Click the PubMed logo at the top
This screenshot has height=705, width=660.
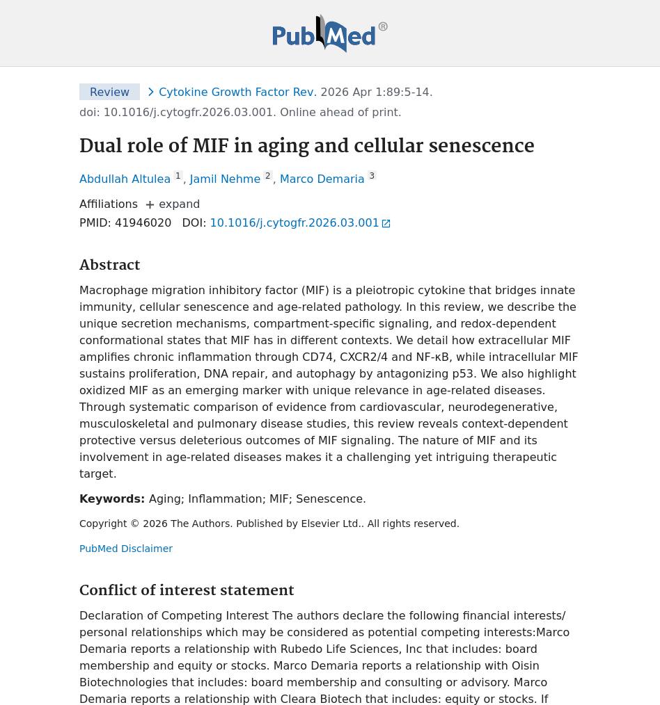329,33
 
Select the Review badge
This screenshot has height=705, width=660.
109,92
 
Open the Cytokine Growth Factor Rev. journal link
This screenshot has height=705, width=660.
237,92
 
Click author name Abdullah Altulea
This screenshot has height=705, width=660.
125,179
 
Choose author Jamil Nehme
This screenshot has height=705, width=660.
225,179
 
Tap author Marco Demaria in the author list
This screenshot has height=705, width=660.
322,179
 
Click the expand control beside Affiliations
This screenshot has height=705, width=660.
173,204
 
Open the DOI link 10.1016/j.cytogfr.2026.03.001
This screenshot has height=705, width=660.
294,223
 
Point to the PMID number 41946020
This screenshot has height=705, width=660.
143,223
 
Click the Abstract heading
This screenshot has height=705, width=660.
109,265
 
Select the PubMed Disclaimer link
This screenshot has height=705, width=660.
126,549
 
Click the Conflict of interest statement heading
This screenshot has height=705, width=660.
187,590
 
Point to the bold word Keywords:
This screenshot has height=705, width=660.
112,499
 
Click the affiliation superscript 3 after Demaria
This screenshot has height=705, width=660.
372,176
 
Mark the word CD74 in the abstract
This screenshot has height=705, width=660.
317,357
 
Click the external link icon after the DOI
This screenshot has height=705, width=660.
386,224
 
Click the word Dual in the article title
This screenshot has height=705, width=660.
97,146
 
